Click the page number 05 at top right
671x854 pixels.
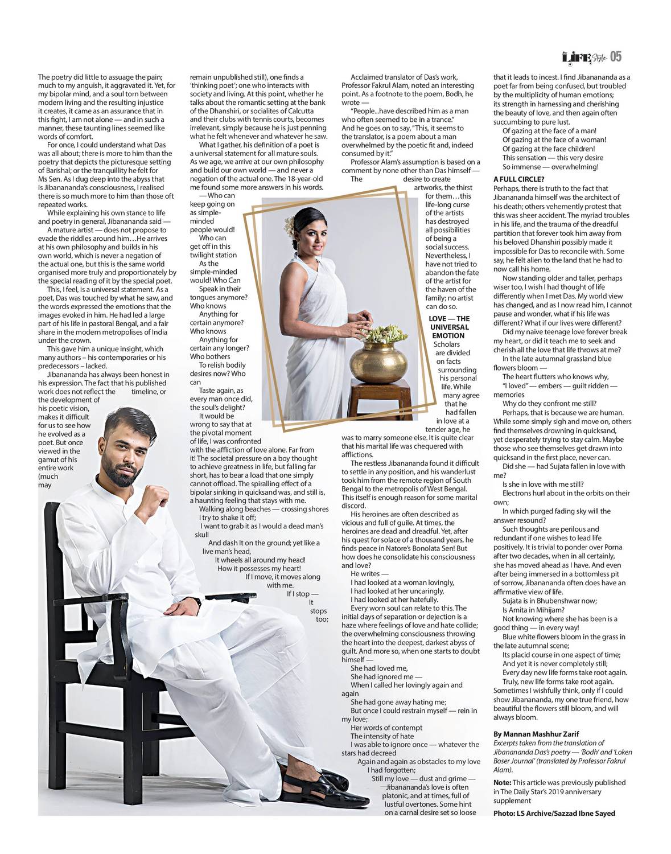[615, 57]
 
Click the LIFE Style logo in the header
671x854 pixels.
[583, 57]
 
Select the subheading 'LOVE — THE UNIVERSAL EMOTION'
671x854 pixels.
[449, 327]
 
